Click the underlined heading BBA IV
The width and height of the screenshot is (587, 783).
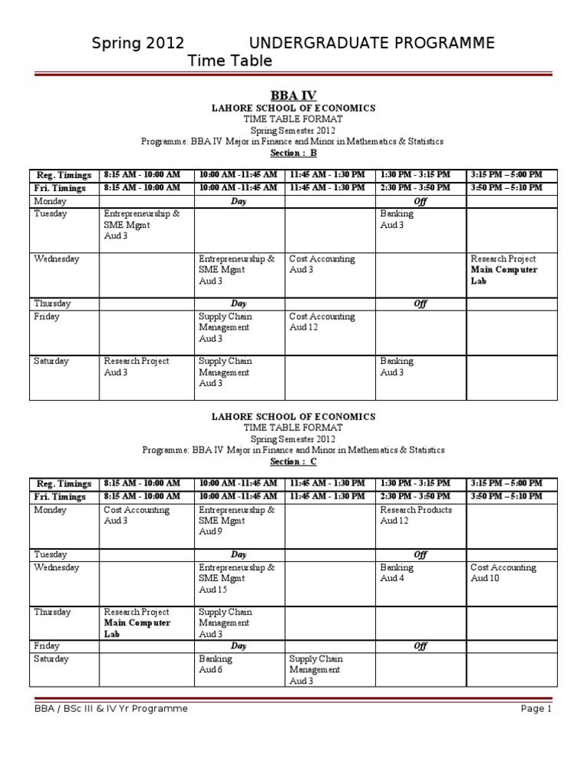point(293,96)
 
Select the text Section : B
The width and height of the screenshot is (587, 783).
point(293,153)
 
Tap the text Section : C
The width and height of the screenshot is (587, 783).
point(293,462)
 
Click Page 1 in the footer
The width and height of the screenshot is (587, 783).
point(536,709)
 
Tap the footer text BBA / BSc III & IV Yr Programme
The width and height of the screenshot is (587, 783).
point(111,709)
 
